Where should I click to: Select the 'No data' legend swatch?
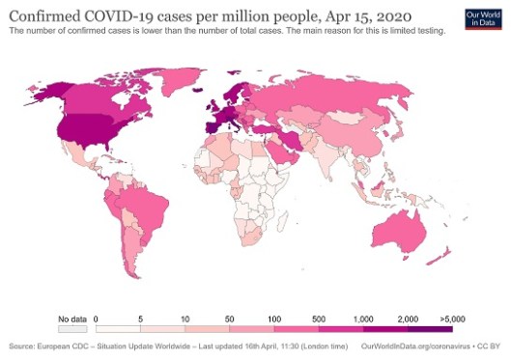tap(74, 327)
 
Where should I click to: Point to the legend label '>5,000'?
tap(452, 318)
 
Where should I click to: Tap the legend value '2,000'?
tap(407, 318)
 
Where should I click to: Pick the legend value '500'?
tap(317, 318)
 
